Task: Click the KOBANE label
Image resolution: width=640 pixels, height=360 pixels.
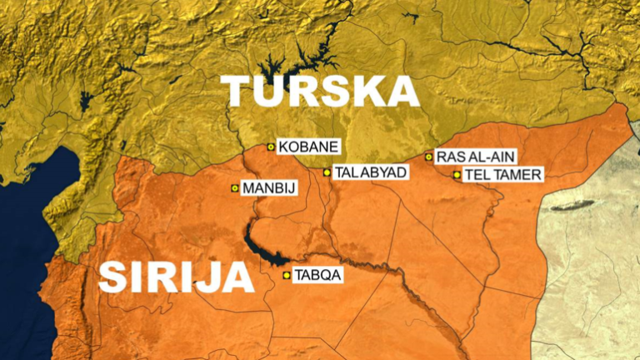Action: (308, 147)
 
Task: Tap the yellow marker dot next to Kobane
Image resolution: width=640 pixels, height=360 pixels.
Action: (271, 147)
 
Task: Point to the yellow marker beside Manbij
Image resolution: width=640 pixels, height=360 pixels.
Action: (235, 188)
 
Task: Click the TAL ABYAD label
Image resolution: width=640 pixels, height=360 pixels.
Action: (370, 172)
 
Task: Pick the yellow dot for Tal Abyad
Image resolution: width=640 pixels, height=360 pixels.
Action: (327, 172)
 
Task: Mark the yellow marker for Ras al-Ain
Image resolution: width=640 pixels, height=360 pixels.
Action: (429, 156)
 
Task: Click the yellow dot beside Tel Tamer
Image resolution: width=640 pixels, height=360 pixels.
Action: (457, 175)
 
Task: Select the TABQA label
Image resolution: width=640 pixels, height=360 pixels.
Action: (318, 275)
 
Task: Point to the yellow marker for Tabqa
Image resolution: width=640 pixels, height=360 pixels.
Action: (287, 275)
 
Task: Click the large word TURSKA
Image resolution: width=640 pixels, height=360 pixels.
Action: (321, 91)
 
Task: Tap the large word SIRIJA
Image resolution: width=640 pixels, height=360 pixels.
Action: (176, 277)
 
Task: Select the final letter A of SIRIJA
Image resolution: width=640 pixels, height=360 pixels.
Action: (238, 277)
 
